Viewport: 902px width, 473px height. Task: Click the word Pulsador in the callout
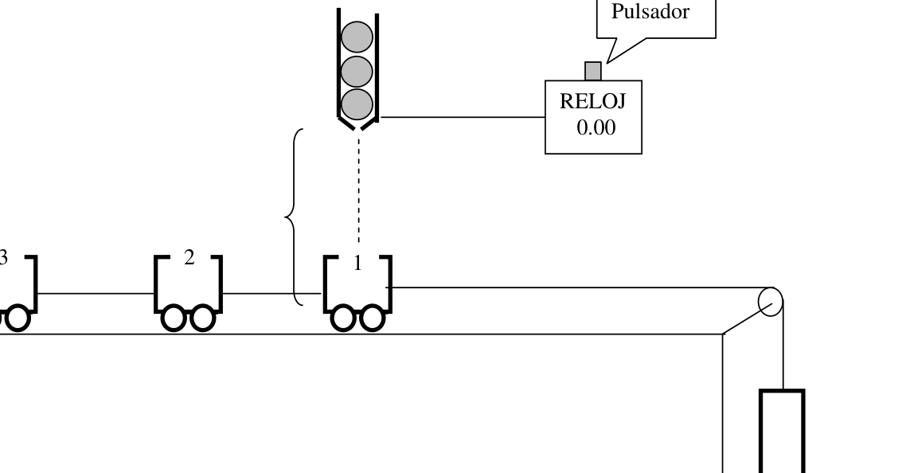point(650,11)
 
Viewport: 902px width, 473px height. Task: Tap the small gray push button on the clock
point(593,72)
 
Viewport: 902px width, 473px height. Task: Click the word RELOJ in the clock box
point(592,101)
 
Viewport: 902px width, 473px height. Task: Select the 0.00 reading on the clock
point(596,127)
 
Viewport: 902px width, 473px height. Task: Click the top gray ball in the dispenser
point(357,37)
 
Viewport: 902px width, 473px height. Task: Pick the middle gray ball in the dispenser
point(357,72)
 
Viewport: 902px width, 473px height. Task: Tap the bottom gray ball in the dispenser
point(357,105)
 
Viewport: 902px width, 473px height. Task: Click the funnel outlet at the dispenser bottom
point(357,123)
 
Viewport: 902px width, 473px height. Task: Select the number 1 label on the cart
point(357,264)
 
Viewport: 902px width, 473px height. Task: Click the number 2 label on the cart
point(189,258)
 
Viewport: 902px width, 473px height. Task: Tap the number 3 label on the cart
point(3,258)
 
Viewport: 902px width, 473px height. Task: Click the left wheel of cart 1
point(343,319)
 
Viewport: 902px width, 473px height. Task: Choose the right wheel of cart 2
point(202,319)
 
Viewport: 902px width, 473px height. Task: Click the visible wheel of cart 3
point(18,319)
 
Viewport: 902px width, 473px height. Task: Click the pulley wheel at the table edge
point(771,302)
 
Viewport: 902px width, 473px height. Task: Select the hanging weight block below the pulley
point(782,431)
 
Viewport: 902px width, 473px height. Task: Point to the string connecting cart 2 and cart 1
point(272,294)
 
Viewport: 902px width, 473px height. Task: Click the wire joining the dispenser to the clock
point(463,117)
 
